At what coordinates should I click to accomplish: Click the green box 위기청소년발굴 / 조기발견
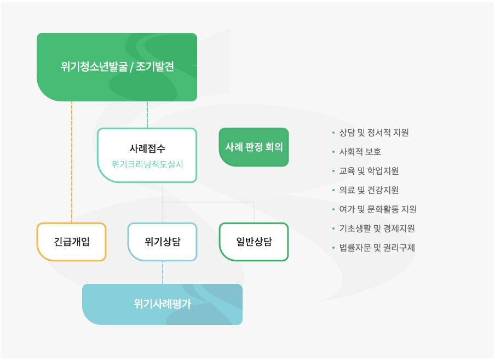pyautogui.click(x=117, y=67)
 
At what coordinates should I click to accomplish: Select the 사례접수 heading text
pyautogui.click(x=147, y=148)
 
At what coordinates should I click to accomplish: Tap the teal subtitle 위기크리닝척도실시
pyautogui.click(x=147, y=164)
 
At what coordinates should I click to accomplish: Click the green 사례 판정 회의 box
pyautogui.click(x=254, y=147)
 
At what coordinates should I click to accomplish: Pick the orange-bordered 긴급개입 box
pyautogui.click(x=71, y=242)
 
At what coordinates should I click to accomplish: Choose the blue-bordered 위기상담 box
pyautogui.click(x=162, y=242)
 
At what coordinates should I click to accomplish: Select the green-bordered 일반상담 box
pyautogui.click(x=254, y=242)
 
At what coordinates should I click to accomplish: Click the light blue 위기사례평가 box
pyautogui.click(x=162, y=304)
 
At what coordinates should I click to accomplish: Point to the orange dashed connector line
pyautogui.click(x=72, y=162)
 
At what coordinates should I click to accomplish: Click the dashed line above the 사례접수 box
pyautogui.click(x=147, y=115)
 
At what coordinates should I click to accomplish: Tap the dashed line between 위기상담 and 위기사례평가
pyautogui.click(x=163, y=272)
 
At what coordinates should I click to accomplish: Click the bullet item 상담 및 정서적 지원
pyautogui.click(x=374, y=133)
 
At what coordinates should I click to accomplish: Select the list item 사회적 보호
pyautogui.click(x=360, y=152)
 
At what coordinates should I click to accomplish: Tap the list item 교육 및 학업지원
pyautogui.click(x=369, y=171)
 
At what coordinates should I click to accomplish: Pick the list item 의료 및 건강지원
pyautogui.click(x=369, y=190)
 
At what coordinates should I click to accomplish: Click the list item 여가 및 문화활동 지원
pyautogui.click(x=378, y=209)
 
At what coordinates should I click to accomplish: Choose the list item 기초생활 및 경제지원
pyautogui.click(x=377, y=228)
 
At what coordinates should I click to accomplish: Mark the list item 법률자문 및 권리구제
pyautogui.click(x=377, y=248)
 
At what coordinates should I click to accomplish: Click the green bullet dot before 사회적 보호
pyautogui.click(x=333, y=152)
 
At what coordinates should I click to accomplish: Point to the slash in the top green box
pyautogui.click(x=131, y=67)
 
